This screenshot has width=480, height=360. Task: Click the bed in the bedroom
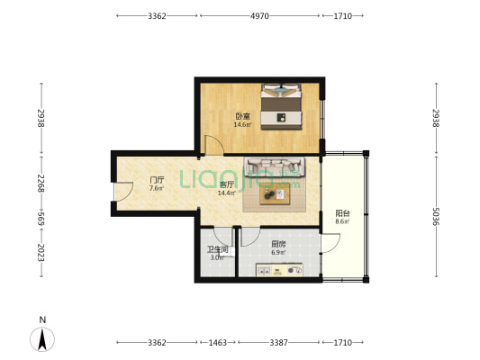(281, 106)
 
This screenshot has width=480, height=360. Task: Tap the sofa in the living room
(275, 166)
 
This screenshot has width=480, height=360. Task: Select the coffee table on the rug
(275, 196)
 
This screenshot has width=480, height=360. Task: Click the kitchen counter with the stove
(279, 270)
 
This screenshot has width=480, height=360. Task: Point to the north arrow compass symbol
(42, 339)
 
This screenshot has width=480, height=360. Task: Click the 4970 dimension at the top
(259, 16)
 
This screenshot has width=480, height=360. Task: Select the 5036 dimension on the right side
(436, 216)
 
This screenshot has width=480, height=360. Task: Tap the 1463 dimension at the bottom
(218, 342)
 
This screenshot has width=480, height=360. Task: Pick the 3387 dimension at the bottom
(278, 342)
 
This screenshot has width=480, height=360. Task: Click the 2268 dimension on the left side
(41, 184)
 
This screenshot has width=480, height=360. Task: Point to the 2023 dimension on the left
(41, 253)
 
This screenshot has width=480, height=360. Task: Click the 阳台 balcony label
(342, 213)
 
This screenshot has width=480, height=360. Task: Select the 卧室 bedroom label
(243, 116)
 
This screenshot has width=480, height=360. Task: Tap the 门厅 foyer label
(157, 180)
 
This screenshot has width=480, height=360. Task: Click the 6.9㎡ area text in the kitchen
(278, 253)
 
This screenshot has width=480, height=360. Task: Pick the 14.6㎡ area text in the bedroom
(243, 124)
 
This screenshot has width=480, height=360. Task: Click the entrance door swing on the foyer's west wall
(123, 192)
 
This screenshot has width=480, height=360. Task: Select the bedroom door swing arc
(214, 144)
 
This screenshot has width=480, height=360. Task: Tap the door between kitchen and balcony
(331, 243)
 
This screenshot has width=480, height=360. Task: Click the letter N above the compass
(42, 319)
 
